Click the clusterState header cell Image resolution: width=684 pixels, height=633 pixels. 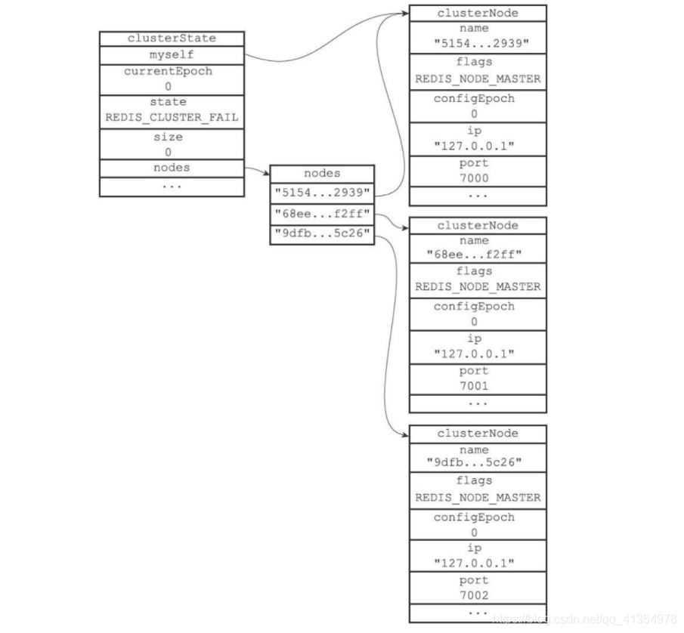click(x=172, y=39)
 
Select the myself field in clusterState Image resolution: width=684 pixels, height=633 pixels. click(x=172, y=55)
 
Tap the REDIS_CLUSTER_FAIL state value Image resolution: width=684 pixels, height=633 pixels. click(x=172, y=118)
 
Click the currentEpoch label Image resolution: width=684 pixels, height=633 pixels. click(x=172, y=72)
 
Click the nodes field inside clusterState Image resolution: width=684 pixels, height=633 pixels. click(x=172, y=168)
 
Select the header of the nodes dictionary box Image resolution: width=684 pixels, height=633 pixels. click(x=322, y=173)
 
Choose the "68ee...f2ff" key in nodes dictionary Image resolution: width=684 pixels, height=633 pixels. click(x=322, y=215)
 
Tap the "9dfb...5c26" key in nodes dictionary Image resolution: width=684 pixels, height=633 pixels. click(x=322, y=235)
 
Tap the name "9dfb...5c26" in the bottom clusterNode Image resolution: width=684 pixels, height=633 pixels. click(x=477, y=463)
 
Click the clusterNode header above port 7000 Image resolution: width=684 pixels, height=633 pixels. click(x=477, y=13)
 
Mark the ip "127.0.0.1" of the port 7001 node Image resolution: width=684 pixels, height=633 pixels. click(x=477, y=354)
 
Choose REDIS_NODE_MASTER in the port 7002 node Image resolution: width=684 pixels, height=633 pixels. click(x=477, y=498)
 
